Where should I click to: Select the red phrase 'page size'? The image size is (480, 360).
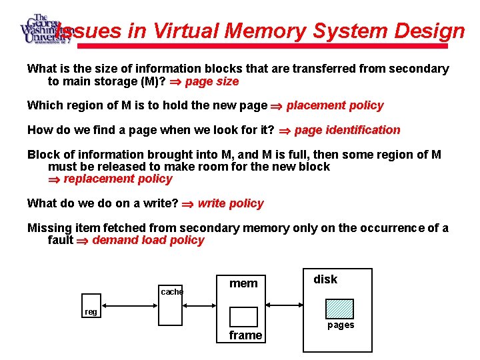tap(211, 82)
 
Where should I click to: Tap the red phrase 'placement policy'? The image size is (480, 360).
tap(335, 105)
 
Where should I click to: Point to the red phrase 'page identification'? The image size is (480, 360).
tap(347, 130)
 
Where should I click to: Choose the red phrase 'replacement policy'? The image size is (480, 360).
tap(117, 179)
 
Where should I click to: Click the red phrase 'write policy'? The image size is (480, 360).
tap(231, 203)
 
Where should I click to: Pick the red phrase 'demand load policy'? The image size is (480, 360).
tap(148, 240)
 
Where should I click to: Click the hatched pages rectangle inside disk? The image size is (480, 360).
tap(339, 309)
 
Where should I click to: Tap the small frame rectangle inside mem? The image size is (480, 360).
tap(243, 316)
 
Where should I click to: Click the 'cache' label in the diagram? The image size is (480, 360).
tap(171, 291)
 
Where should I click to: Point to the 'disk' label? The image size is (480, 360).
tap(325, 279)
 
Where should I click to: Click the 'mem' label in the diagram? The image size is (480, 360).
tap(243, 283)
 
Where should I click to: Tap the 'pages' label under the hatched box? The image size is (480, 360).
tap(340, 325)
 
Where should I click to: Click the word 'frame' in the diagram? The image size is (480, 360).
tap(245, 335)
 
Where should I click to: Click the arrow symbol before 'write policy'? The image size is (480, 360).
tap(189, 204)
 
